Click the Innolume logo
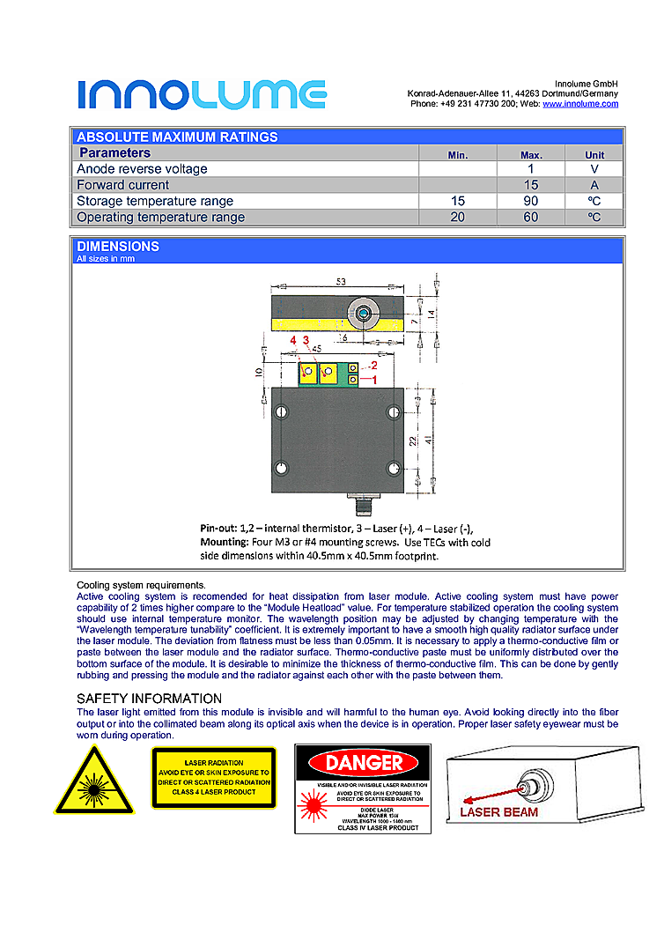click(x=202, y=94)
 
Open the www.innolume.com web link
click(x=579, y=104)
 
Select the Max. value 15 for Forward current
click(x=530, y=185)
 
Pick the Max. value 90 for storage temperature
click(x=530, y=201)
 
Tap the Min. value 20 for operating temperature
click(x=457, y=217)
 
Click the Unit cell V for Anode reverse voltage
click(x=594, y=169)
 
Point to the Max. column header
click(x=531, y=154)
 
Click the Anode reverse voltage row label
click(x=142, y=169)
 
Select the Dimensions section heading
click(x=118, y=247)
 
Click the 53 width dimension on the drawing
click(x=341, y=281)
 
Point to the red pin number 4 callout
click(x=292, y=340)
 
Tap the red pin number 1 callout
click(x=373, y=379)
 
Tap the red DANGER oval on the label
click(x=363, y=763)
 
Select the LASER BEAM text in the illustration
click(x=498, y=811)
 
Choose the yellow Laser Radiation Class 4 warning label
click(x=214, y=778)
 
